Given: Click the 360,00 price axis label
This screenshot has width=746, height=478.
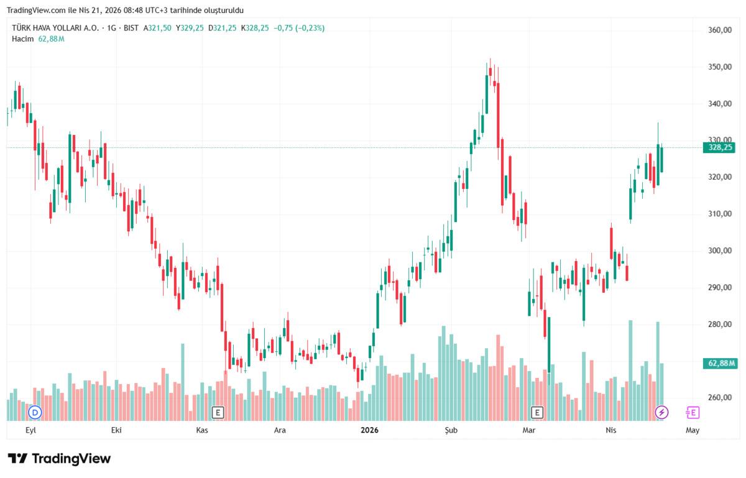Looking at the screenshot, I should [x=719, y=30].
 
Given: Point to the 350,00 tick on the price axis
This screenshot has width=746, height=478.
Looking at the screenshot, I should [x=719, y=67].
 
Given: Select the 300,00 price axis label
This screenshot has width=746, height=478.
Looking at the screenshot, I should [x=719, y=250].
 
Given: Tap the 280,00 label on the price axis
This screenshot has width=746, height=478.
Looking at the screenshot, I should [x=719, y=324].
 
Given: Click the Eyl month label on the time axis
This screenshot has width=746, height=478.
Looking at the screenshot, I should [x=30, y=430].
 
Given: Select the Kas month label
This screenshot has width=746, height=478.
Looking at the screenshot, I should [x=201, y=430].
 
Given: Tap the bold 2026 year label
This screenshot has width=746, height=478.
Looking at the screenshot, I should [x=369, y=430].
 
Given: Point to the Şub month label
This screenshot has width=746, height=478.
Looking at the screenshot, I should [x=450, y=430].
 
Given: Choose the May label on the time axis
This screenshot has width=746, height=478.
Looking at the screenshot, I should [x=692, y=430].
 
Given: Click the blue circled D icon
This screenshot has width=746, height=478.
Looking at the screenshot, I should [x=35, y=412].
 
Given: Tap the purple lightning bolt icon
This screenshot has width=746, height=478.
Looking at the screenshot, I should [x=662, y=412].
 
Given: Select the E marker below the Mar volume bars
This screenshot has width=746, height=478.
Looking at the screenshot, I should [x=537, y=412].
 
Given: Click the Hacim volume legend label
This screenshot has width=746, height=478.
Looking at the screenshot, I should [x=22, y=39].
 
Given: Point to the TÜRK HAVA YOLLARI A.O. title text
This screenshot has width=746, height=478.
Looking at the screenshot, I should [x=55, y=28].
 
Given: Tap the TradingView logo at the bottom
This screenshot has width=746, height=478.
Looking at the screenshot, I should [x=59, y=459].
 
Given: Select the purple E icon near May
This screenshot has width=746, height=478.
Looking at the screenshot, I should [x=692, y=412].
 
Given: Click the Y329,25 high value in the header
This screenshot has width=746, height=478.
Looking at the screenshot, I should [x=190, y=28].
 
